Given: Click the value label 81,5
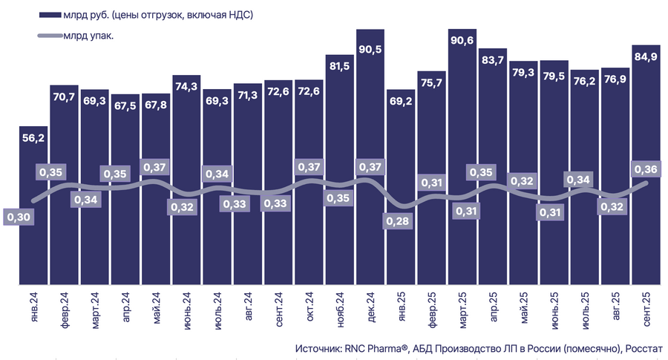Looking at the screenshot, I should tap(340, 66).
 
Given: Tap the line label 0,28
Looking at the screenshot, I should tap(399, 220).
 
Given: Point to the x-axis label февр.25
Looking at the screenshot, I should tap(433, 310).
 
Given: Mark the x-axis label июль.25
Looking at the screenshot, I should tap(586, 310).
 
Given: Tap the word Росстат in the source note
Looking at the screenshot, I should tap(647, 348).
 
